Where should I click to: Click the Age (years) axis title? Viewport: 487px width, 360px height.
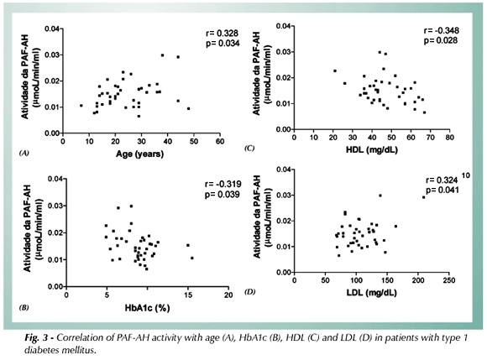139,154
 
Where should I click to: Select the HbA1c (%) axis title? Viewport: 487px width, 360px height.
147,308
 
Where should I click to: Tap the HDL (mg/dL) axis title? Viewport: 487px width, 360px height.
372,150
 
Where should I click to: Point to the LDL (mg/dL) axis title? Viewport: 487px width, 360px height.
371,293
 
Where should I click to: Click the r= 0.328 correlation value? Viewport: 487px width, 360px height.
222,34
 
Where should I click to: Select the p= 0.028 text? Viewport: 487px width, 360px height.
441,40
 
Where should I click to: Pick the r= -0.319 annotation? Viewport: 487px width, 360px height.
223,185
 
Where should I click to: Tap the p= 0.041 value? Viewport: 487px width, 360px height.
442,190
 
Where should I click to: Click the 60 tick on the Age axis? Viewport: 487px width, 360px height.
220,142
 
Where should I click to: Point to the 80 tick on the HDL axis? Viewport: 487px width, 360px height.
450,138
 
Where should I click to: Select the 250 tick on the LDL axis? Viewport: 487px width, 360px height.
449,280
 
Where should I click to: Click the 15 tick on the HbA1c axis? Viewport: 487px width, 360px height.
188,295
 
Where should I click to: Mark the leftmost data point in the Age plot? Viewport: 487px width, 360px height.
81,106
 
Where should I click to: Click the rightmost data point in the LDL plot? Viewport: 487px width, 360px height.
424,197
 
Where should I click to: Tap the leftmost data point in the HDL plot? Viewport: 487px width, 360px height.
335,70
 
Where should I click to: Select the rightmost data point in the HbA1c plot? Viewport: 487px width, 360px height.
192,258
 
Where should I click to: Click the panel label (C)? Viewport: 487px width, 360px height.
249,148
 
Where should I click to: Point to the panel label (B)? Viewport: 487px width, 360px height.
24,308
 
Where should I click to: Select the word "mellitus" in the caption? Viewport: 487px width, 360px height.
81,351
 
